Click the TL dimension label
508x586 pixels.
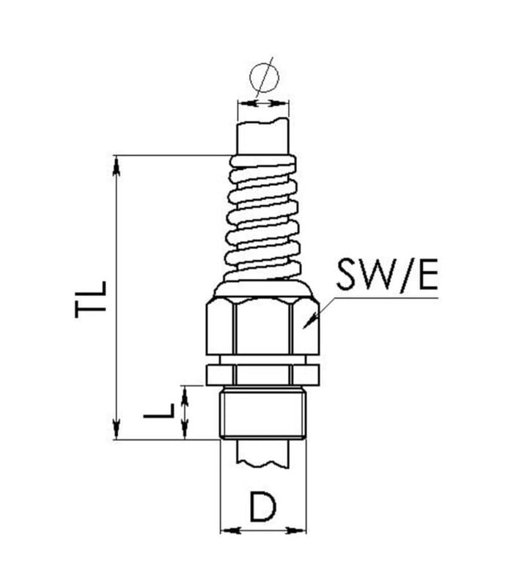click(x=91, y=300)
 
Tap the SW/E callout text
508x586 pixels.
click(x=387, y=275)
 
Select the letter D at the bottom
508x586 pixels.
click(x=262, y=506)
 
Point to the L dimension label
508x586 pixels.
click(x=159, y=411)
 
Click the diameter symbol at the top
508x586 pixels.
click(x=264, y=78)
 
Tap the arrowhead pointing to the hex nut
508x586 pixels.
click(x=310, y=321)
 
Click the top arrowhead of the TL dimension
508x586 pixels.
click(x=117, y=166)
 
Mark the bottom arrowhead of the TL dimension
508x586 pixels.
click(x=117, y=429)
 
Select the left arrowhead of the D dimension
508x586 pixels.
click(x=229, y=530)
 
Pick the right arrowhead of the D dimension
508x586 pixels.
click(x=296, y=530)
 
